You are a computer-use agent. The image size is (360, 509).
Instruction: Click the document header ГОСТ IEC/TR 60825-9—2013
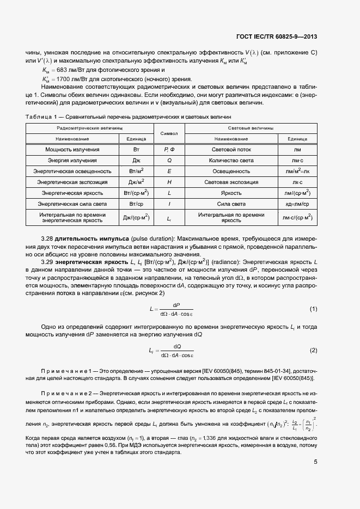point(277,37)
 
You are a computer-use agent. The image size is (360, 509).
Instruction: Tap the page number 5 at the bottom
point(315,462)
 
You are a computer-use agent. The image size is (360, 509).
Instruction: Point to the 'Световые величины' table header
point(251,128)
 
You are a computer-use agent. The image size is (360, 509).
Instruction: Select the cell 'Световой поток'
point(231,149)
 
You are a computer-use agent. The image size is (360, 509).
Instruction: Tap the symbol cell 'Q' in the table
point(169,160)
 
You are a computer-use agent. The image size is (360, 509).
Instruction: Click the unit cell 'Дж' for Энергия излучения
point(136,160)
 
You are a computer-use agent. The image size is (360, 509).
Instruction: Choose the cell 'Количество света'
point(231,160)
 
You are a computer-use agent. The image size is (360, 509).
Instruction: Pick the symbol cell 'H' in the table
point(169,182)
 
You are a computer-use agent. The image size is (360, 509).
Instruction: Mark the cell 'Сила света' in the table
point(231,204)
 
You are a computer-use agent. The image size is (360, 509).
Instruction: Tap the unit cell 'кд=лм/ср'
point(297,204)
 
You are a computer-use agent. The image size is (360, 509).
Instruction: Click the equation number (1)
point(313,309)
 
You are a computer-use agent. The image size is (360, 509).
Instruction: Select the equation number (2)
point(313,350)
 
